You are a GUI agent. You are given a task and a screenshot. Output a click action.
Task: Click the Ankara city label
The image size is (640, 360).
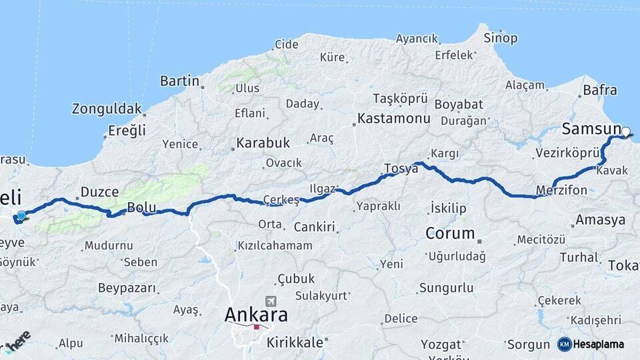pyautogui.click(x=256, y=314)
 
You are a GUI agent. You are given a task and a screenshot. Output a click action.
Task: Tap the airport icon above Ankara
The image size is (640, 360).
pyautogui.click(x=271, y=301)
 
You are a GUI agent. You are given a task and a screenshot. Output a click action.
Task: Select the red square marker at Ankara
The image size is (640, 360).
pyautogui.click(x=256, y=327)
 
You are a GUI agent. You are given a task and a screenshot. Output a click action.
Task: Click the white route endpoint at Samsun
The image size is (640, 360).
pyautogui.click(x=626, y=131)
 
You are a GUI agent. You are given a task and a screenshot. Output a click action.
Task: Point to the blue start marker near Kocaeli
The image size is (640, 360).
pyautogui.click(x=21, y=215)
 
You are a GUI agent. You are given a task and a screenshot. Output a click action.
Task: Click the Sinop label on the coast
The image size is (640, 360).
pyautogui.click(x=501, y=38)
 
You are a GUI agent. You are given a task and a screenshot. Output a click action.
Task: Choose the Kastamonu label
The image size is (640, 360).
pyautogui.click(x=393, y=119)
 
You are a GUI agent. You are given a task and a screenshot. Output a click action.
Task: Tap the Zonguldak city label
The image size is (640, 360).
pyautogui.click(x=107, y=108)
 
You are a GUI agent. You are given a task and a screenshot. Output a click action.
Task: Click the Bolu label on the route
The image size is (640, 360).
pyautogui.click(x=141, y=208)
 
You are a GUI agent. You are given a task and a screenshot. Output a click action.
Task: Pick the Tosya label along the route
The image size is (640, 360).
pyautogui.click(x=401, y=169)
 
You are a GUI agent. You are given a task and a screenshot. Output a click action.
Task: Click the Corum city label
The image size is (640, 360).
pyautogui.click(x=450, y=234)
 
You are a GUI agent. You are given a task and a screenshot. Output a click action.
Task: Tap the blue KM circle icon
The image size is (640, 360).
pyautogui.click(x=564, y=345)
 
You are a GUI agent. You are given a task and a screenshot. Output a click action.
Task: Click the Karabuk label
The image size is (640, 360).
pyautogui.click(x=263, y=143)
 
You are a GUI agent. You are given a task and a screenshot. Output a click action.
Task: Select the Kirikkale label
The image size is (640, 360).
pyautogui.click(x=294, y=343)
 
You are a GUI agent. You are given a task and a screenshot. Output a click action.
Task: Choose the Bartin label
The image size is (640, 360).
pyautogui.click(x=179, y=81)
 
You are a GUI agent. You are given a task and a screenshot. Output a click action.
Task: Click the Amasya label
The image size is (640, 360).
pyautogui.click(x=600, y=219)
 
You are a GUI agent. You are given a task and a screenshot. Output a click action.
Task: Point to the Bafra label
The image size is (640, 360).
pyautogui.click(x=599, y=90)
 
